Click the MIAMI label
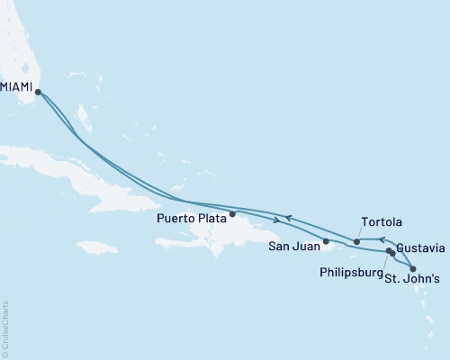pos(18,88)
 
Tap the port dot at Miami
pos(39,90)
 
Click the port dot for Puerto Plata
pos(232,214)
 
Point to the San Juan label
pos(293,243)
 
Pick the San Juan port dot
pos(327,241)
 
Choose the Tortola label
pos(381,221)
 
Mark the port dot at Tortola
pos(357,241)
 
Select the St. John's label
pos(412,280)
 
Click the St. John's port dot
pos(412,268)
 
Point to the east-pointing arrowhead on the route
pos(275,220)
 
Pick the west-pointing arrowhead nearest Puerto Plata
pos(287,217)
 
